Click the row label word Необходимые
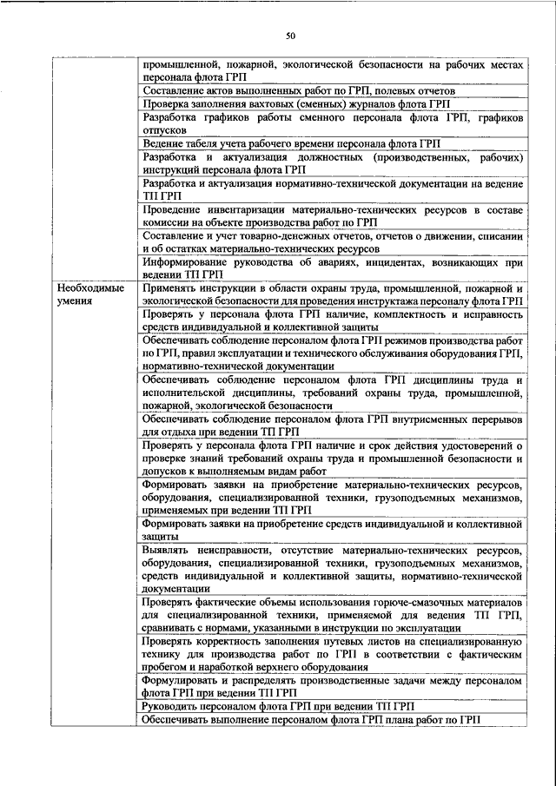pos(89,287)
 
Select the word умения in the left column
pos(76,301)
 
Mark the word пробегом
pos(168,666)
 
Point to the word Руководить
pos(175,707)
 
